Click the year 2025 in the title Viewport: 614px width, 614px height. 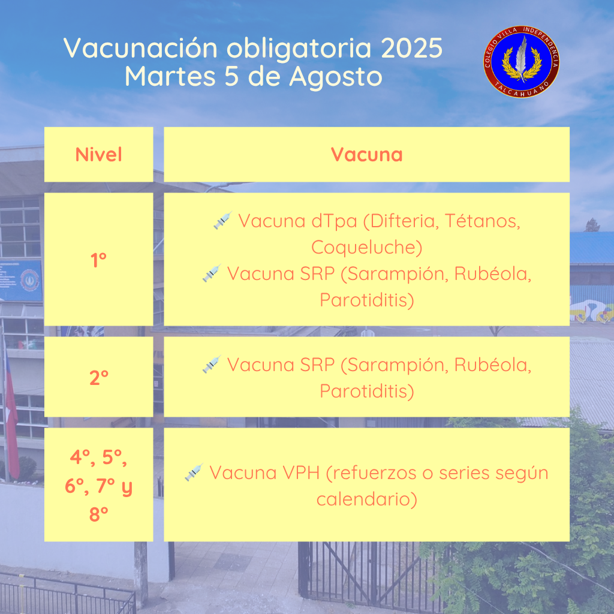pyautogui.click(x=411, y=48)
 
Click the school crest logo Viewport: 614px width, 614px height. pyautogui.click(x=521, y=62)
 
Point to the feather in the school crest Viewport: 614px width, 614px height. pyautogui.click(x=521, y=58)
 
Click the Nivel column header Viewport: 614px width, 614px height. pyautogui.click(x=99, y=154)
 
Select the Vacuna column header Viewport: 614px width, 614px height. pyautogui.click(x=366, y=154)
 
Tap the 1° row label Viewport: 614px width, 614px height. pyautogui.click(x=99, y=260)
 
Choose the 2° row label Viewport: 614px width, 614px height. pyautogui.click(x=99, y=378)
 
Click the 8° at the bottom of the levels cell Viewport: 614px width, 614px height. pyautogui.click(x=99, y=514)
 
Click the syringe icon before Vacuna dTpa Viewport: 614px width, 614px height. pyautogui.click(x=223, y=220)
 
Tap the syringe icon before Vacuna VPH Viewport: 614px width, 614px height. pyautogui.click(x=194, y=472)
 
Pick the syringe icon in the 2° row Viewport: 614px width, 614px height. pyautogui.click(x=212, y=364)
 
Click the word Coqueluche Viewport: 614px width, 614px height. pyautogui.click(x=366, y=248)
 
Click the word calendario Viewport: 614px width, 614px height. pyautogui.click(x=366, y=499)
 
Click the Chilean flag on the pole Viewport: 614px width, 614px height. pyautogui.click(x=11, y=423)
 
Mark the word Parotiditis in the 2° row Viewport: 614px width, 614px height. pyautogui.click(x=366, y=391)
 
